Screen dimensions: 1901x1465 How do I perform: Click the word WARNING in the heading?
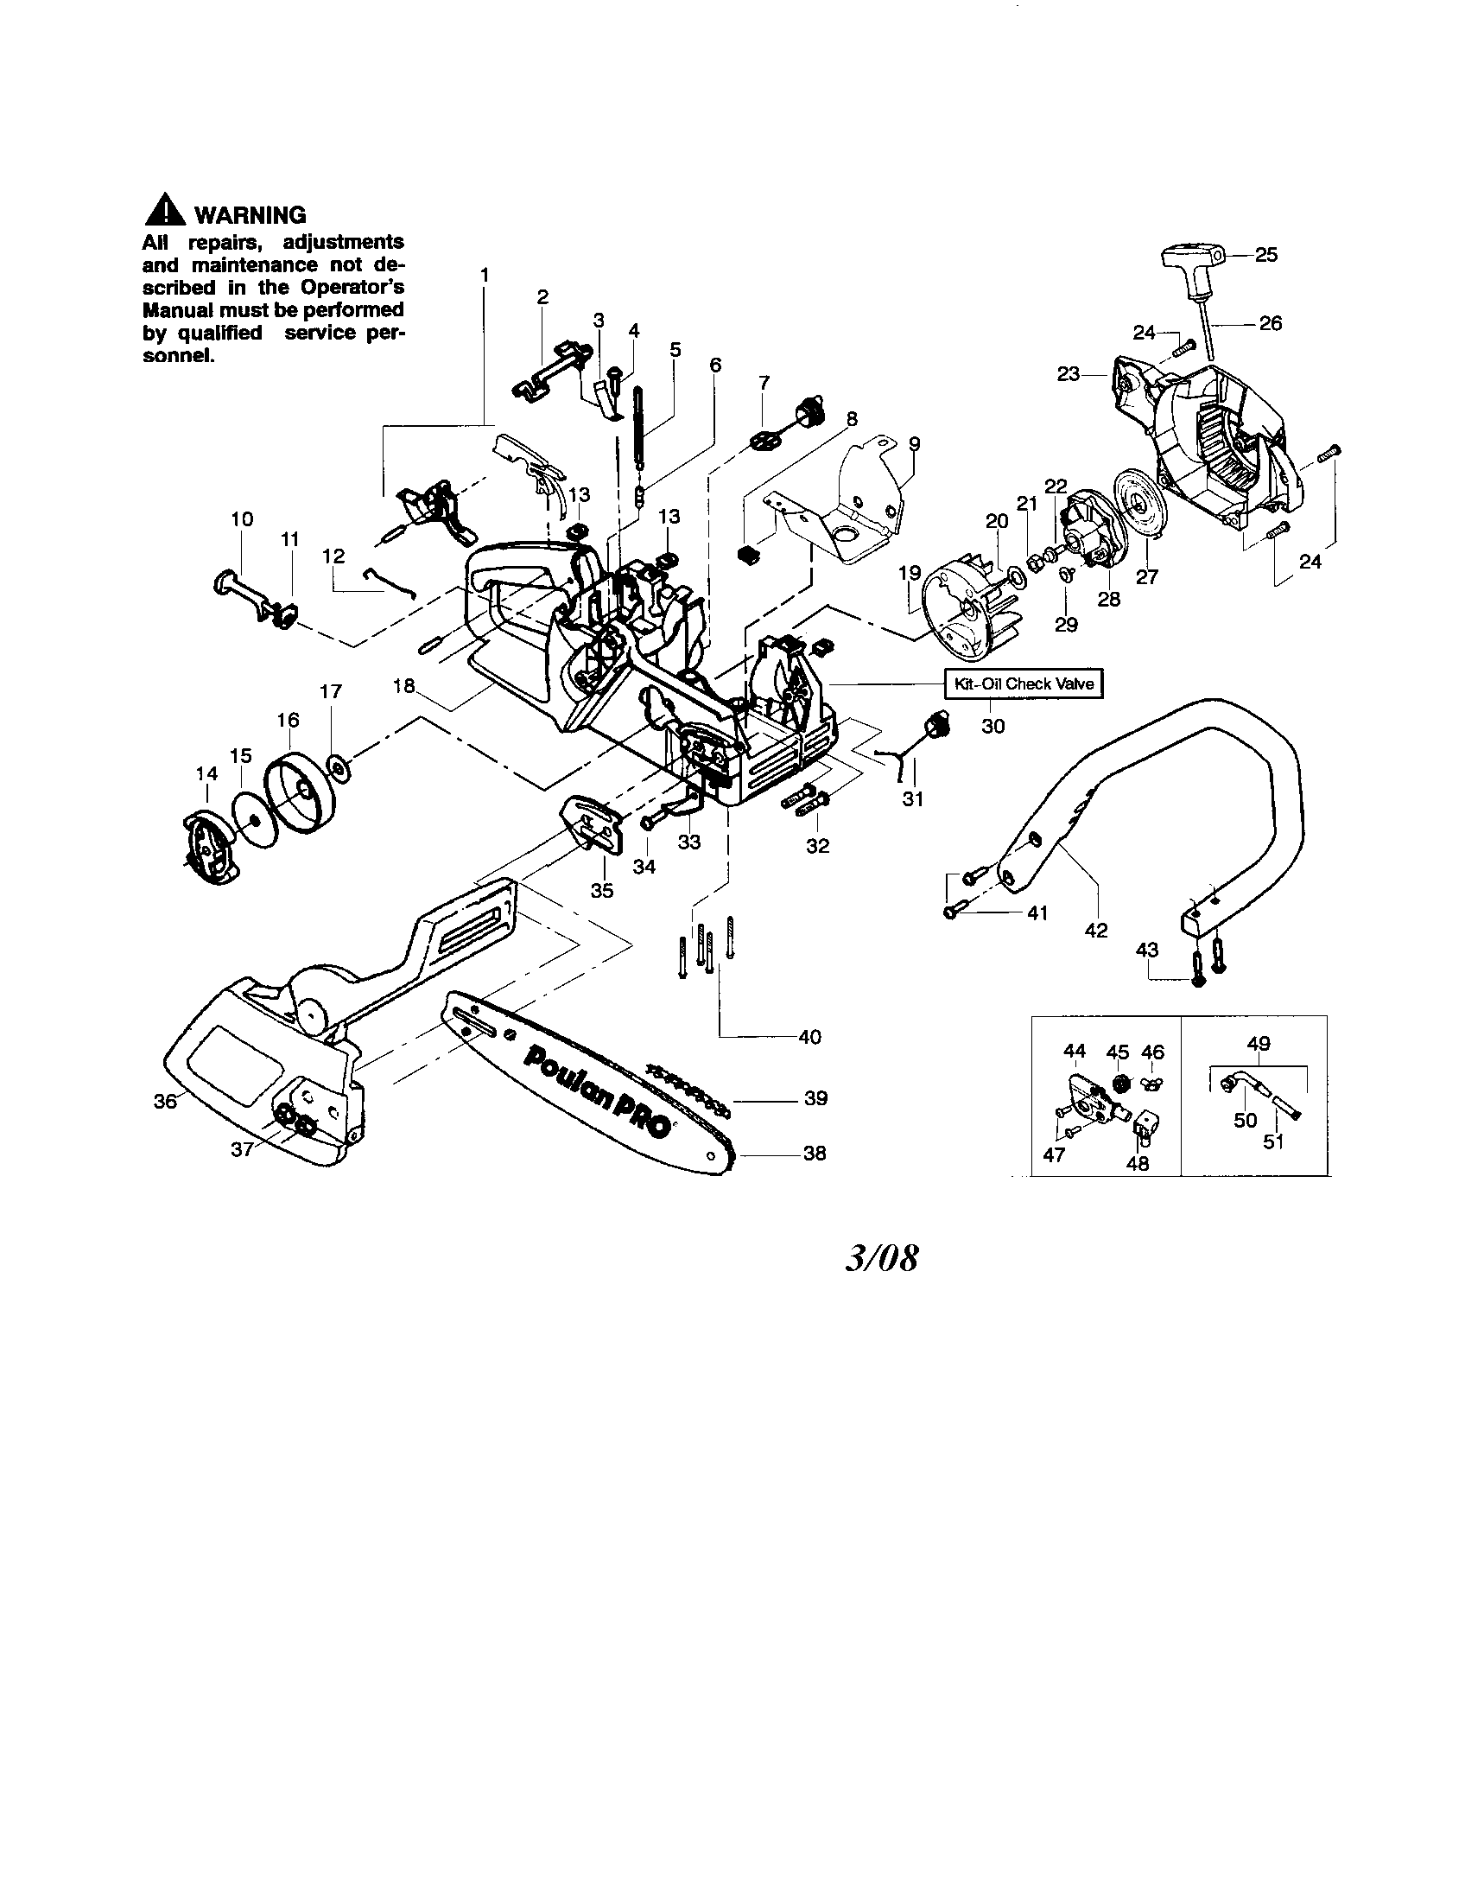click(x=250, y=214)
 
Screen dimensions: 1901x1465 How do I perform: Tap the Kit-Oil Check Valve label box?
click(x=1024, y=683)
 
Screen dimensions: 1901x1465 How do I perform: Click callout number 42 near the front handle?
click(x=1096, y=930)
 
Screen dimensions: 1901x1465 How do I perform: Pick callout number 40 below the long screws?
click(x=809, y=1037)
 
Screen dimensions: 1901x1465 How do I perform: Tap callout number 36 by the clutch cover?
click(x=164, y=1100)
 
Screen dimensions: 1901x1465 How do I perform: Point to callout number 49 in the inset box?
click(x=1259, y=1043)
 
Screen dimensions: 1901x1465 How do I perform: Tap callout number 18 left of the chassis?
click(x=403, y=685)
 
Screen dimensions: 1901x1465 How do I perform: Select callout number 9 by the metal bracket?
click(x=914, y=443)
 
